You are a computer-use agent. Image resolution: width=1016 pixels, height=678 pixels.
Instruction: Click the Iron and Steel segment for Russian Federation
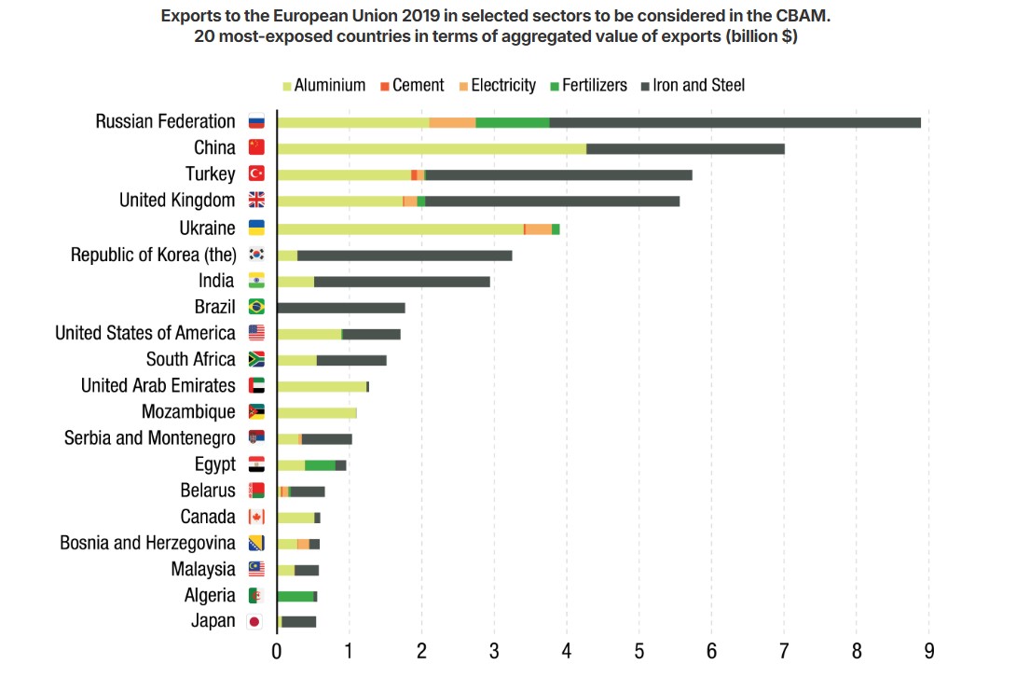735,122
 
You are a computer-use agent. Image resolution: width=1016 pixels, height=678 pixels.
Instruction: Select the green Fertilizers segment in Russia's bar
513,122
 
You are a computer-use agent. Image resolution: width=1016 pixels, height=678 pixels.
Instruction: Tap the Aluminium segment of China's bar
432,148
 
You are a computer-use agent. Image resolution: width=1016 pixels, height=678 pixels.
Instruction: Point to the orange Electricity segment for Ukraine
539,228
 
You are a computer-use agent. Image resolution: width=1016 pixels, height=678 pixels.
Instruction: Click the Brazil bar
341,307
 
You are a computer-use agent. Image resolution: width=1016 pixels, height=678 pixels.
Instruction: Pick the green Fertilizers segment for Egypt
320,465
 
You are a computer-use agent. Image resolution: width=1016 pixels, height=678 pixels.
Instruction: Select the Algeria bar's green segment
295,596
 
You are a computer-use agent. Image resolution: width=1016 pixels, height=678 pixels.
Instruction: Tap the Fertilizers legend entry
587,86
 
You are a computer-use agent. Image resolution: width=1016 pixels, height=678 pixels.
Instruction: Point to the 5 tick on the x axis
638,650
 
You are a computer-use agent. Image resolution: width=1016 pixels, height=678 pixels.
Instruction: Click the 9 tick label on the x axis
928,650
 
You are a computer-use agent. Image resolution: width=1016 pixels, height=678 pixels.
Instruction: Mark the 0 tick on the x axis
277,650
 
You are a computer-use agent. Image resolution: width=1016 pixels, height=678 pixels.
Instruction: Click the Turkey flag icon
256,173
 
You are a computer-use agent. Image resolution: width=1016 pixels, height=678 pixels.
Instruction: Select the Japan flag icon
255,622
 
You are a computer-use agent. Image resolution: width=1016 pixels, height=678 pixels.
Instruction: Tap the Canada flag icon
256,518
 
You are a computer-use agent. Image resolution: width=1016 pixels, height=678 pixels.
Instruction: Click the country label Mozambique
188,412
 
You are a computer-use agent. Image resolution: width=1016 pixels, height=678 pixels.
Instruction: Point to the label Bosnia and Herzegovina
147,543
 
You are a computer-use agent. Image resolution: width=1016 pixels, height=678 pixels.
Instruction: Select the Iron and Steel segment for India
402,281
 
